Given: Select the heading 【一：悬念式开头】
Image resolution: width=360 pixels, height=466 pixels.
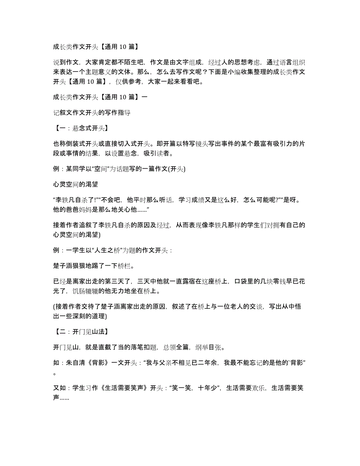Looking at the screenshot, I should pyautogui.click(x=80, y=128).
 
